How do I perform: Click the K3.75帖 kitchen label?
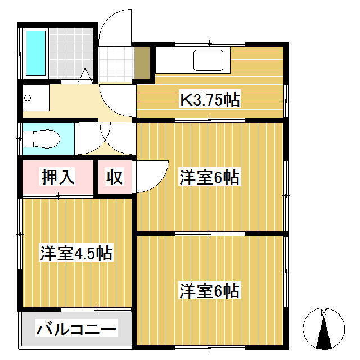point(210,100)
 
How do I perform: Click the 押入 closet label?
point(58,177)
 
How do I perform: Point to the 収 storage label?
point(115,177)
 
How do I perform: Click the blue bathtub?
point(36,54)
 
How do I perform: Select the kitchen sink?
point(210,60)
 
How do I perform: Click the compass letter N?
point(323,312)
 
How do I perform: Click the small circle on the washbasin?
point(27,98)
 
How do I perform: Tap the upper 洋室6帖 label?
point(210,178)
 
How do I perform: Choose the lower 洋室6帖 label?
point(210,291)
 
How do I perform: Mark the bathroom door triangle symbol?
point(85,75)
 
